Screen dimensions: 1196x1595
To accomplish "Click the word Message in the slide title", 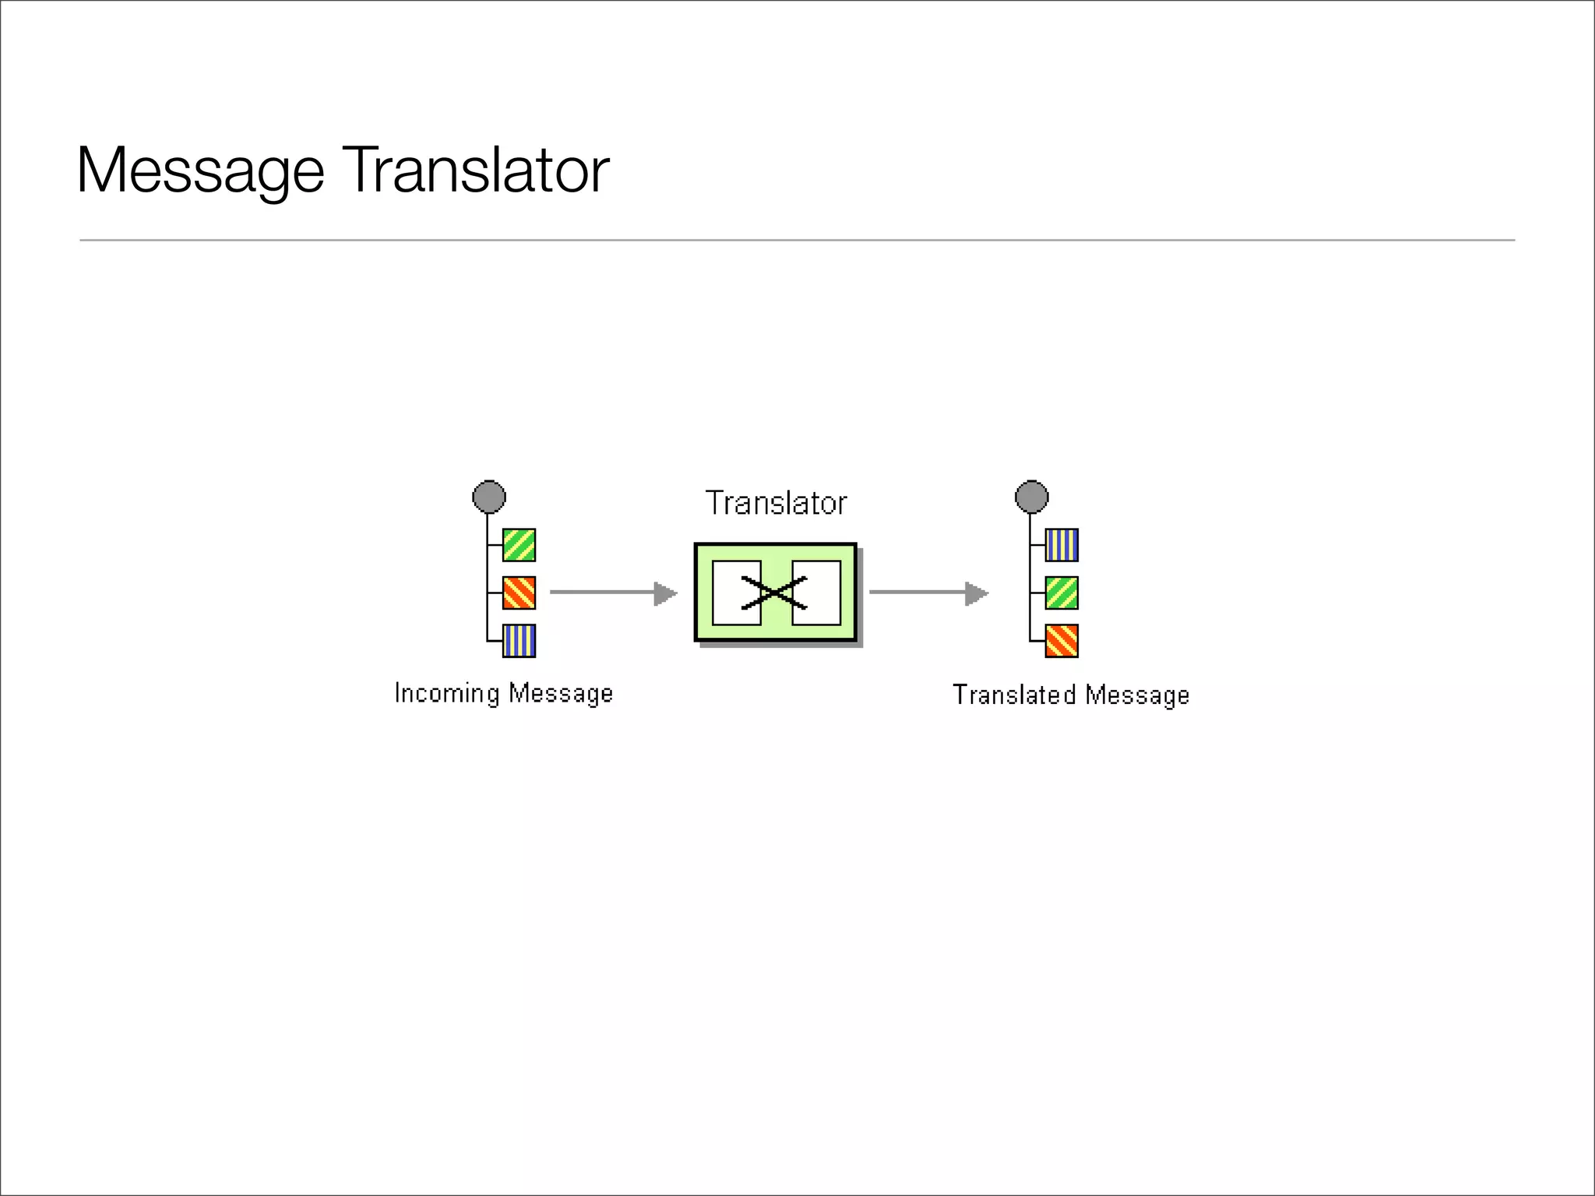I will click(200, 171).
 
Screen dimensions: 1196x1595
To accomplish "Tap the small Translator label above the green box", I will click(776, 503).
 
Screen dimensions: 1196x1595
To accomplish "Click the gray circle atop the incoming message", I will click(489, 497).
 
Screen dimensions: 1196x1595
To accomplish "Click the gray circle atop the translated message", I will click(1032, 497).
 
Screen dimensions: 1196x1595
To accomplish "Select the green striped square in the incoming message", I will click(519, 545).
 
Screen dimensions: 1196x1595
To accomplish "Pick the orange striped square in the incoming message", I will click(519, 593).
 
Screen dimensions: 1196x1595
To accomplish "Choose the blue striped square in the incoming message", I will click(519, 641).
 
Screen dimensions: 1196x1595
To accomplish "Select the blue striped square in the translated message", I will click(1062, 545).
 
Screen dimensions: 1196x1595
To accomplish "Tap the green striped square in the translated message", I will click(1062, 593).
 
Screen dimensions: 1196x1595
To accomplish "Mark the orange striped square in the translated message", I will click(1062, 641).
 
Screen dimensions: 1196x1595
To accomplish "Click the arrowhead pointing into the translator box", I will click(665, 593).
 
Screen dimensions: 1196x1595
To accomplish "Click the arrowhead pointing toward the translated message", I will click(976, 593).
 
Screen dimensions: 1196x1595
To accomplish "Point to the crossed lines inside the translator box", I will click(774, 593).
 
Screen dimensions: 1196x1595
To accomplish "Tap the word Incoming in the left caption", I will click(446, 693).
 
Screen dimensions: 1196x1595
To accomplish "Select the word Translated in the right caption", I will click(1014, 695).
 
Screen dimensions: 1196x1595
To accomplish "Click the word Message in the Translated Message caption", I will click(1137, 695).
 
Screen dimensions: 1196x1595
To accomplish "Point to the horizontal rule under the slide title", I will click(797, 241).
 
